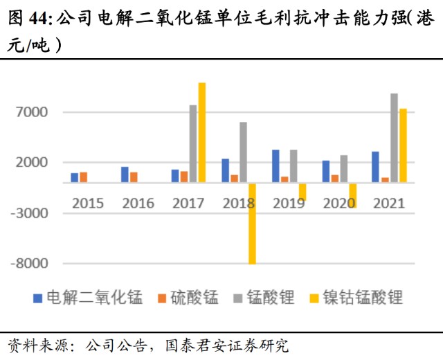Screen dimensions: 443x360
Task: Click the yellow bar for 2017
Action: tap(202, 132)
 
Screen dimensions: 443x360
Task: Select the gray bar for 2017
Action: tap(193, 143)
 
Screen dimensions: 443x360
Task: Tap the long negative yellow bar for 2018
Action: tap(252, 224)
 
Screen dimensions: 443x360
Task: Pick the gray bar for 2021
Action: tap(394, 138)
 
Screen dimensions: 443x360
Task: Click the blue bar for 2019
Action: tap(275, 166)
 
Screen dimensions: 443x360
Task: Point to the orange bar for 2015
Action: tap(84, 177)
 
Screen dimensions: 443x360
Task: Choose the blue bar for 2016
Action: tap(125, 174)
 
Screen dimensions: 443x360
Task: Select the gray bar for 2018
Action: tap(243, 152)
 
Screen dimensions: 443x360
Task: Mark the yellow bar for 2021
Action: tap(403, 145)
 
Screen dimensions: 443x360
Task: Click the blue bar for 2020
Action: tap(326, 171)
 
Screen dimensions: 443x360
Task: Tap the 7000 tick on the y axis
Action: tap(32, 112)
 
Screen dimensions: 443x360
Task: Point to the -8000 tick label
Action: tap(30, 263)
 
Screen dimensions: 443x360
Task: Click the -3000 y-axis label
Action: tap(30, 213)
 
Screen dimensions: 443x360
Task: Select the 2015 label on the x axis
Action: tap(88, 204)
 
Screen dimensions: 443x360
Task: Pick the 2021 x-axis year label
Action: tap(389, 204)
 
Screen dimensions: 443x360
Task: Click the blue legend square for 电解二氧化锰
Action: tap(38, 298)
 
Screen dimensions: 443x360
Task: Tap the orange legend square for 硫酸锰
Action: tap(162, 298)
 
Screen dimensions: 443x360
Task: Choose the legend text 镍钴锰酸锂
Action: tap(363, 298)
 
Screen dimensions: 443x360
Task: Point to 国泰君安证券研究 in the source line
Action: tap(227, 345)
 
